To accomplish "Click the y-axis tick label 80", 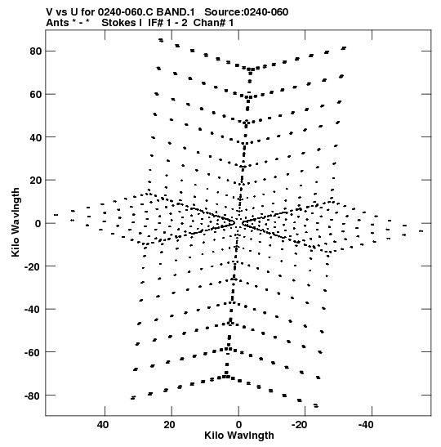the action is pos(36,51).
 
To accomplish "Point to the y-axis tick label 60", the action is pos(36,94).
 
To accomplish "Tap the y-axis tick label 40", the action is pos(36,137).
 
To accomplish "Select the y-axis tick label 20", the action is pos(36,181).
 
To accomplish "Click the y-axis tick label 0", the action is pos(38,224).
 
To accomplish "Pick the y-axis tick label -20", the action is pos(33,266).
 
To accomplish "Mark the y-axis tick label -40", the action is pos(33,310).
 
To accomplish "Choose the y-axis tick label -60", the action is pos(33,352).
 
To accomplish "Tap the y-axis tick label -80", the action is pos(33,396).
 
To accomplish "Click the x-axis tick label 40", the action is pos(103,425).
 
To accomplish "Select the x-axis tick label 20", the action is pos(170,425).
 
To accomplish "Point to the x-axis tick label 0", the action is pos(238,425).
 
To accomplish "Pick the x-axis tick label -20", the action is pos(300,425).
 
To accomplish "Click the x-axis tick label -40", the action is pos(366,425).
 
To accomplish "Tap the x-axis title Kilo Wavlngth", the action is pos(239,436).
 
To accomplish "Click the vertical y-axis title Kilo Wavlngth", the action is pos(16,222).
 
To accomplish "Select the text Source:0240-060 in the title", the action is pos(247,12).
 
